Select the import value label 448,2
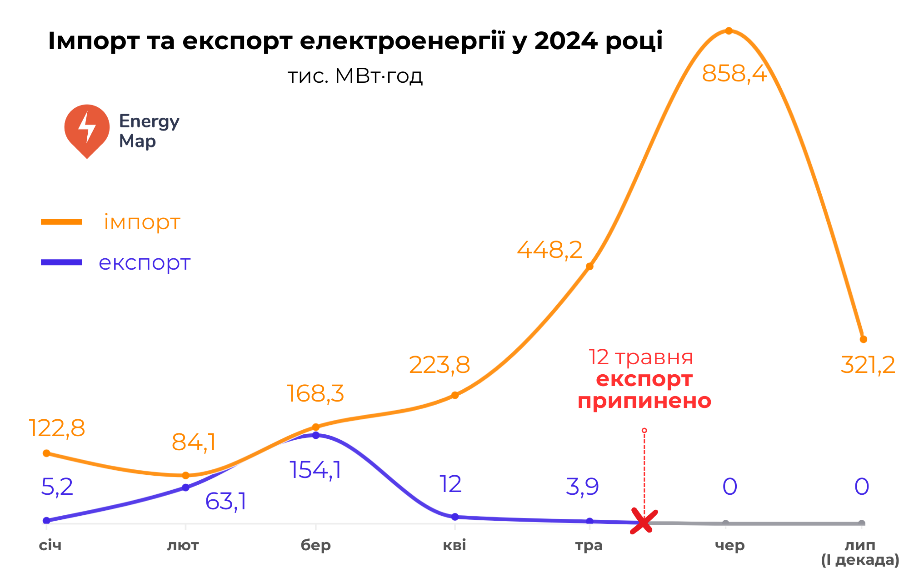pos(549,250)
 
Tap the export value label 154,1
pos(315,470)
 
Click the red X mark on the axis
pos(644,521)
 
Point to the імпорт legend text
pos(142,222)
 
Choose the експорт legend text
pos(145,262)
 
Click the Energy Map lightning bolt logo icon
pos(87,130)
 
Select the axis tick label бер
pos(315,545)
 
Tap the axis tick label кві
pos(454,545)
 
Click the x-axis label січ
pos(50,545)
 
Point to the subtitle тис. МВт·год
pos(355,76)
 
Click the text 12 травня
pos(640,357)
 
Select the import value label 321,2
pos(868,365)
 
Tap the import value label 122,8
pos(57,428)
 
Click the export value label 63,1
pos(225,502)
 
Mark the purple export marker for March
pos(316,435)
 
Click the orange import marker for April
pos(455,395)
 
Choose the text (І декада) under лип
pos(860,560)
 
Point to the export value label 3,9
pos(582,487)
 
